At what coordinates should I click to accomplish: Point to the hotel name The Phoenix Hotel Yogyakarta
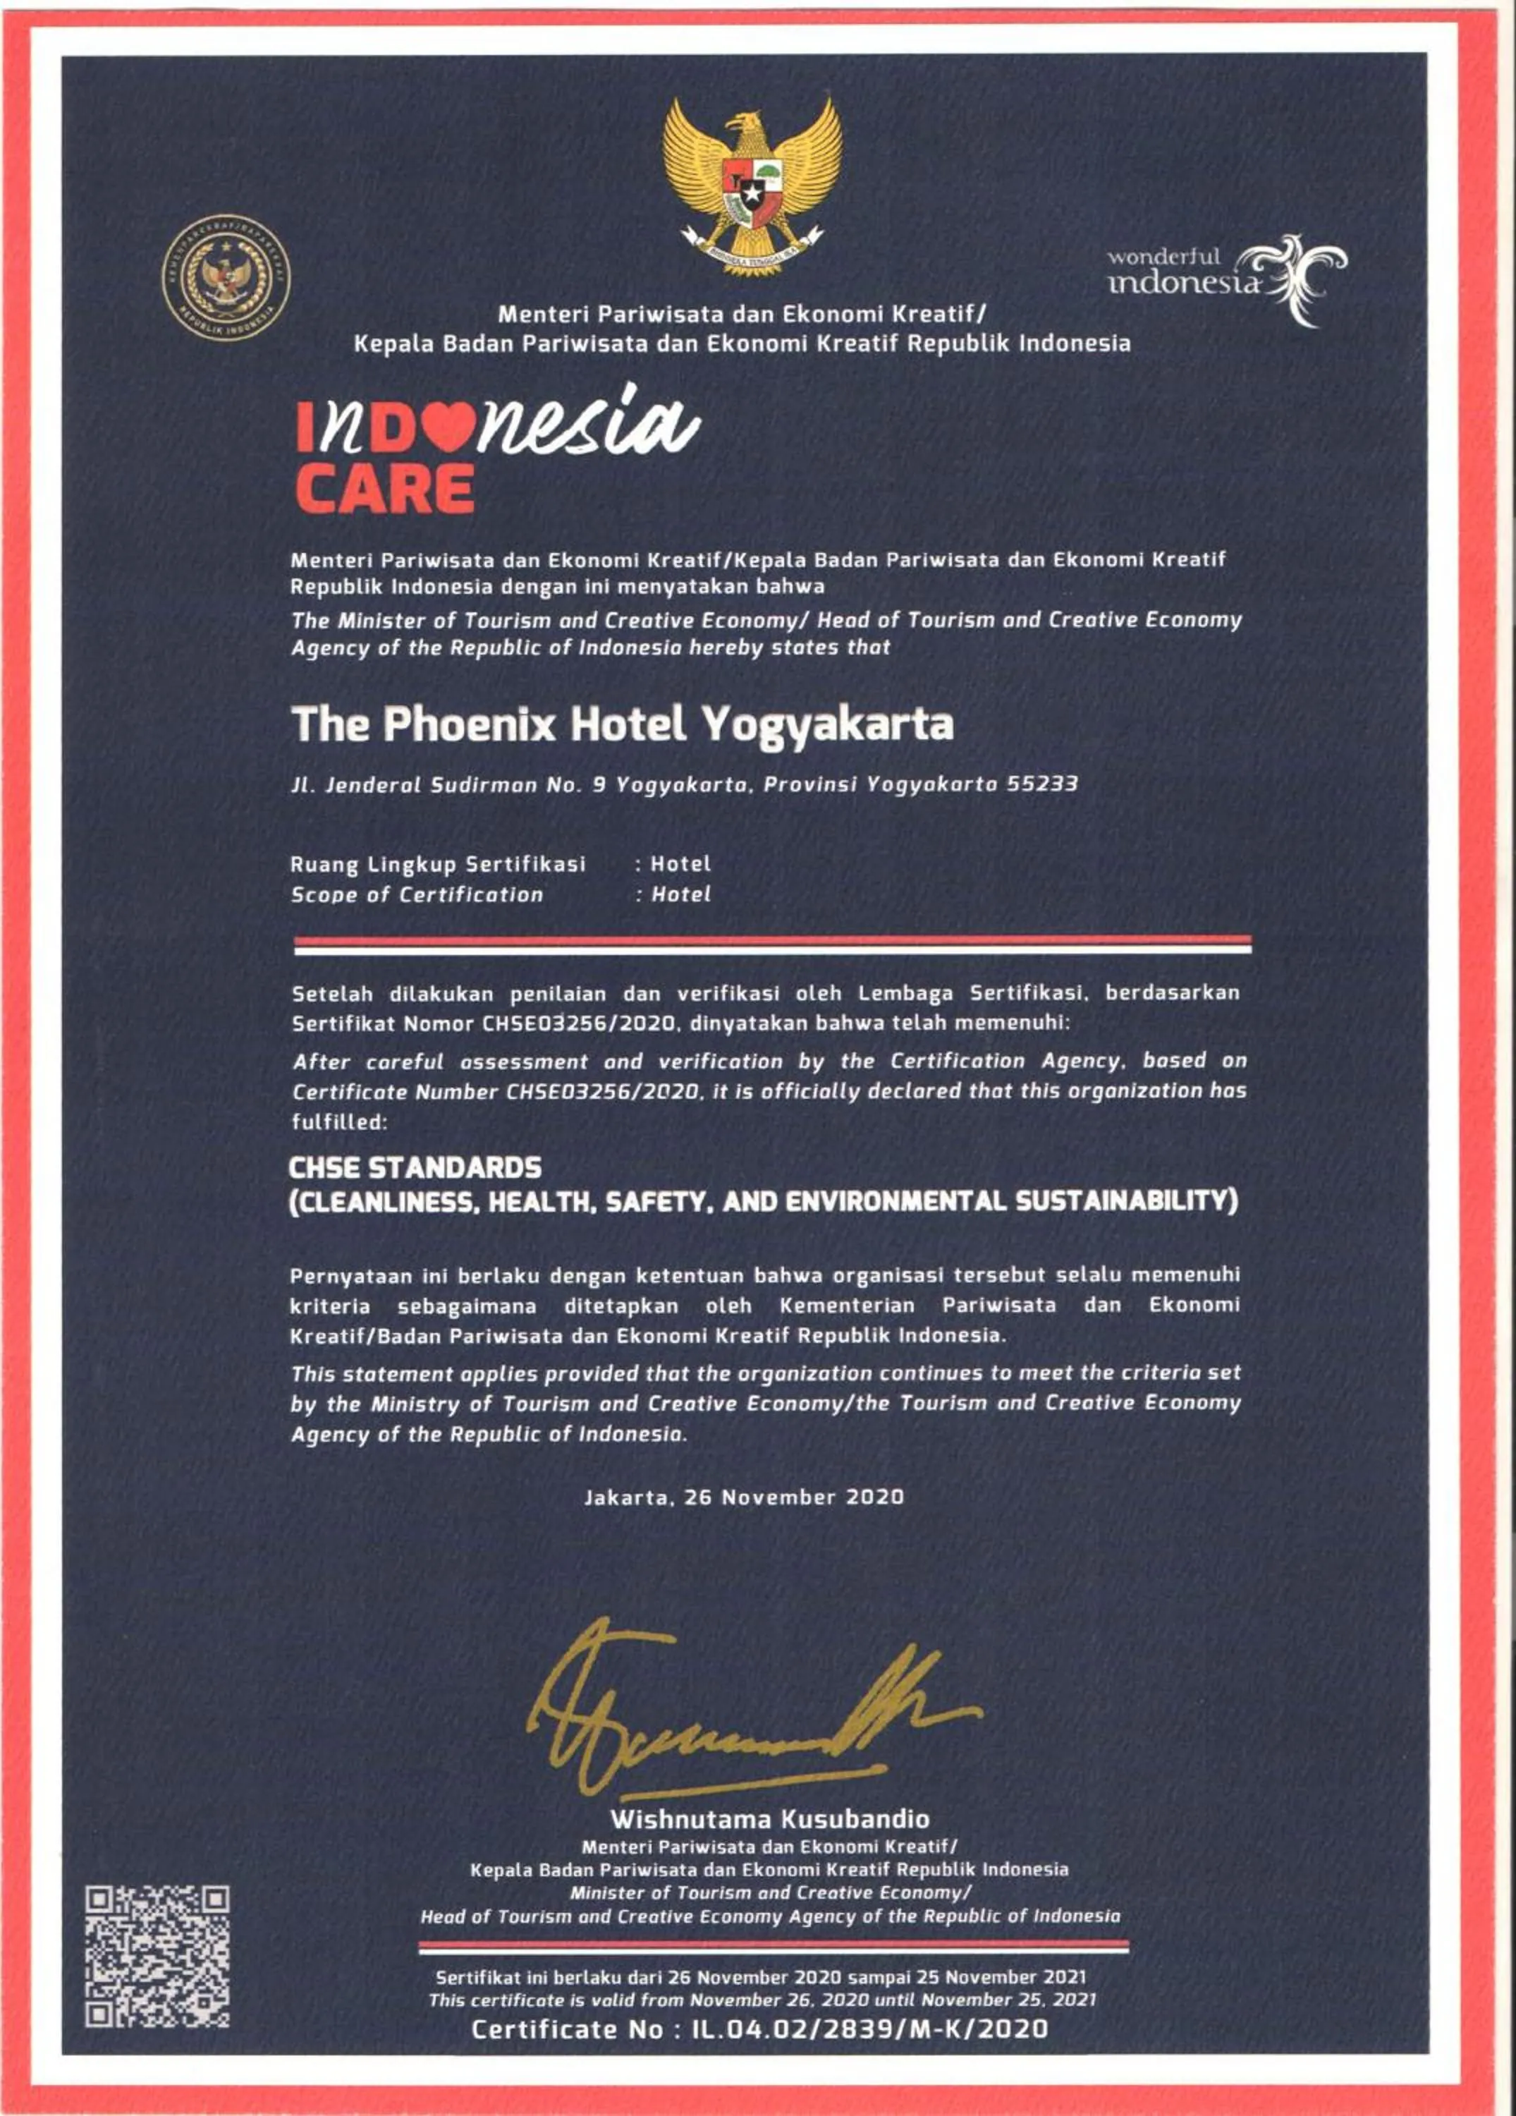coord(622,725)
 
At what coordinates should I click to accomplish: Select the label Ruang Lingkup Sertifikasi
coord(439,865)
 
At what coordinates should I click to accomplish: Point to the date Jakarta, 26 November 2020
coord(743,1497)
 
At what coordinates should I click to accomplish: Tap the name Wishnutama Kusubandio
coord(770,1818)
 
